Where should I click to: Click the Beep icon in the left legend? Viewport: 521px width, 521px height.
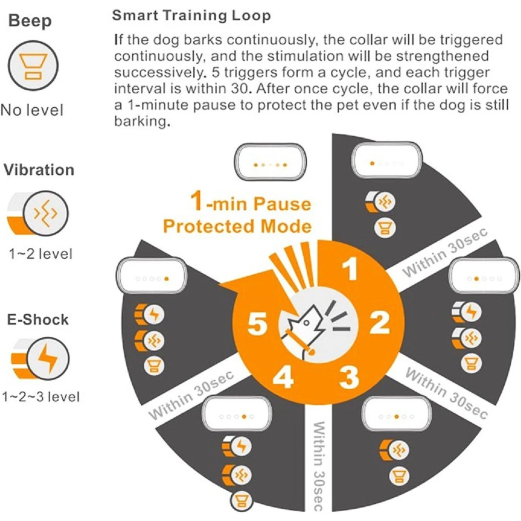point(33,66)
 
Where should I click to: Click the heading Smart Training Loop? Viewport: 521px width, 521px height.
point(191,16)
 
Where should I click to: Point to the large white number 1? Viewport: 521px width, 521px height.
point(350,269)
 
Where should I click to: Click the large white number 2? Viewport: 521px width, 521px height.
point(380,323)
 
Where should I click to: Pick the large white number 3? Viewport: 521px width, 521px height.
point(349,377)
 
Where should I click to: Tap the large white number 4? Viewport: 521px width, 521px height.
point(283,377)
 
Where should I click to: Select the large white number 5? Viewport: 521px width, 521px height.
point(257,323)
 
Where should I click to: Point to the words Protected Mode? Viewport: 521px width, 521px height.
point(237,226)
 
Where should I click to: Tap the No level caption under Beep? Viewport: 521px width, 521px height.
point(32,110)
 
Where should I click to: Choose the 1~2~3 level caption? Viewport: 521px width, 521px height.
point(41,397)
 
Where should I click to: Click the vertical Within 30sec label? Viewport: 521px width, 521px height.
point(319,466)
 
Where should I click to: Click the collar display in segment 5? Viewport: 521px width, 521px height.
point(151,276)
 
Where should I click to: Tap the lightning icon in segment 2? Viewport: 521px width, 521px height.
point(471,312)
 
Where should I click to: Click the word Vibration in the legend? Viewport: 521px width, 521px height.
point(39,170)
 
